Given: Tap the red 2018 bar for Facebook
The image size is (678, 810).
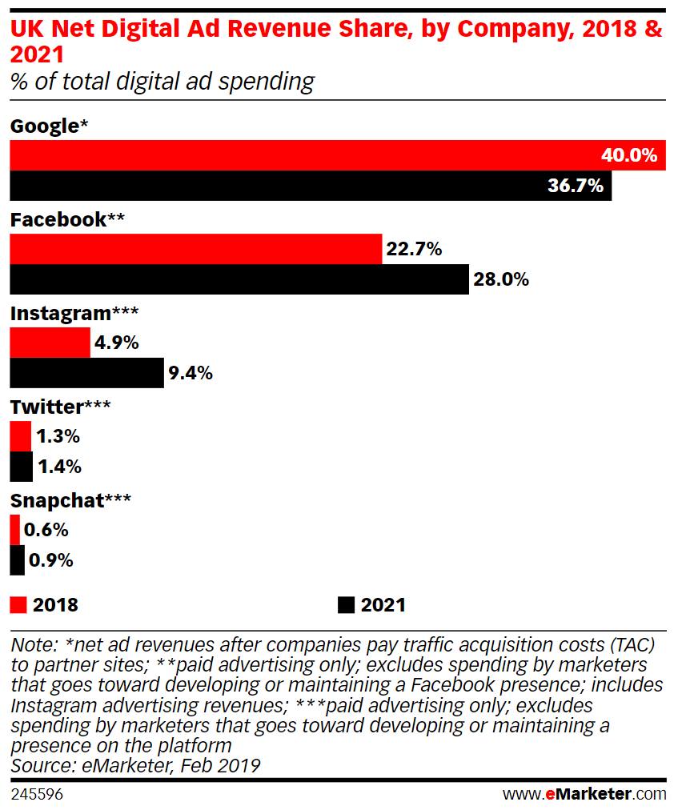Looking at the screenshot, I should click(195, 249).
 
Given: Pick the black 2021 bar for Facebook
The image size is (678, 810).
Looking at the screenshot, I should click(239, 279).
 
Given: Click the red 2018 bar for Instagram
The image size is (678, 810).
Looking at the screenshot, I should click(50, 343).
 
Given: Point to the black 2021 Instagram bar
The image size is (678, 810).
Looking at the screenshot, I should click(86, 373).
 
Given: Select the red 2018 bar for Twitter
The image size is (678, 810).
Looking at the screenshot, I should click(20, 436).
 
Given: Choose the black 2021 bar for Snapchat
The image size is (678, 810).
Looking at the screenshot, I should click(17, 559).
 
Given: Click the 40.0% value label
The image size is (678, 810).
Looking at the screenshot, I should click(628, 155).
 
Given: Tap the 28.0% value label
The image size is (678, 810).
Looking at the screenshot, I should click(502, 279).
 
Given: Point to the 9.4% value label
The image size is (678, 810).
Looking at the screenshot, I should click(191, 373).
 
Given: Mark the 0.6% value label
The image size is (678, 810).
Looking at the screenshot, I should click(46, 530).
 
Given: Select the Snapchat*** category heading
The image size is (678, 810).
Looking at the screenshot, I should click(70, 500).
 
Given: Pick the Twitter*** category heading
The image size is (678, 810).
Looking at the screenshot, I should click(60, 407).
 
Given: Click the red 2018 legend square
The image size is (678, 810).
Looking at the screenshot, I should click(18, 604).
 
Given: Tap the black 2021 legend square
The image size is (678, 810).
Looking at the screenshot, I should click(346, 604).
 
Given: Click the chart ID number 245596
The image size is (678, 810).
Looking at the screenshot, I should click(37, 794).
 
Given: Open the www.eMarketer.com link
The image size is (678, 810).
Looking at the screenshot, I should click(584, 794).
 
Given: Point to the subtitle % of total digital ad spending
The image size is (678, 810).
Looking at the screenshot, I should click(162, 81).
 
